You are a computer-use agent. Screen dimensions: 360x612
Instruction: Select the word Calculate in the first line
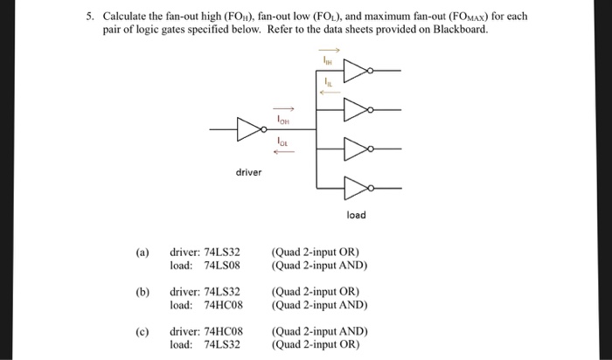128,17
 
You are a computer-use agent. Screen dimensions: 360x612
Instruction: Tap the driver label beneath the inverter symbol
248,172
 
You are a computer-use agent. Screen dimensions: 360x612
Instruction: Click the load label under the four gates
357,214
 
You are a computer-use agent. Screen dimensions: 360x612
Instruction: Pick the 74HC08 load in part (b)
223,305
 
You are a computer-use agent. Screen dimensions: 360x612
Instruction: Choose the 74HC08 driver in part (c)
223,331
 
